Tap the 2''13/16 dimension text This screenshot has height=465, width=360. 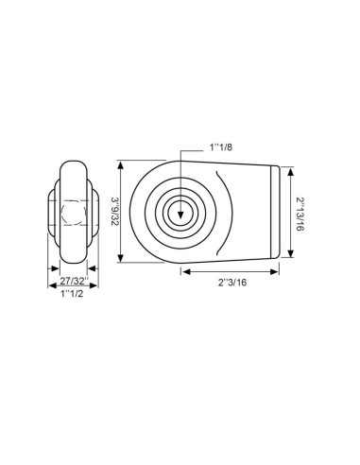(300, 213)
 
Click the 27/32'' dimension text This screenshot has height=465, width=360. (74, 281)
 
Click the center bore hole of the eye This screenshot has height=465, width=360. (179, 214)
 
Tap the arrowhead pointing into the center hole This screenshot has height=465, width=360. (179, 209)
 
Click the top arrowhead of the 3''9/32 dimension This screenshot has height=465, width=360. (122, 162)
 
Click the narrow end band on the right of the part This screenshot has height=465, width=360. (277, 213)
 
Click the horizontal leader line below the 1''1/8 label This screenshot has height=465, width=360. (194, 156)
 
